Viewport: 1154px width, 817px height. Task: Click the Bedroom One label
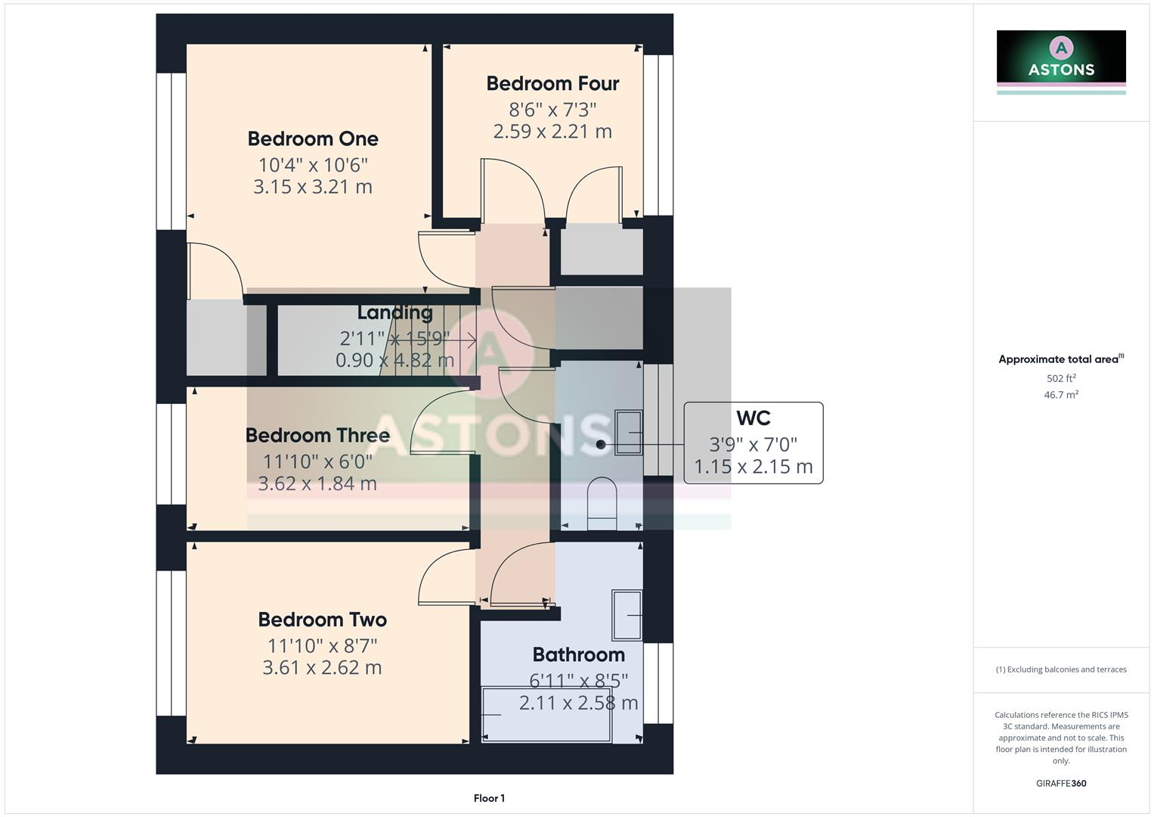(x=313, y=139)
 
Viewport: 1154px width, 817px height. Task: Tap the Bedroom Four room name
(x=552, y=84)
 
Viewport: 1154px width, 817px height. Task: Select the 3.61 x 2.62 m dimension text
(x=322, y=668)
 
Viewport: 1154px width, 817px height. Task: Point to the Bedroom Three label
(x=317, y=436)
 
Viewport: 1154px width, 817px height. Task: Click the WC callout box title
(x=753, y=418)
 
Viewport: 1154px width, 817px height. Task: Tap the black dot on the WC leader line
(x=601, y=445)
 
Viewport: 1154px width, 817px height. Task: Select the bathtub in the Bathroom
(x=546, y=715)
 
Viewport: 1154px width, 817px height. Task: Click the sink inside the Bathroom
(x=627, y=615)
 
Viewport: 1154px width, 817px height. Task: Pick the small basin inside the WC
(x=628, y=433)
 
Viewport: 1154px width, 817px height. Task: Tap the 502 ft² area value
(x=1061, y=378)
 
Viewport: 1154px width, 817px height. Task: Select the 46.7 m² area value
(x=1061, y=395)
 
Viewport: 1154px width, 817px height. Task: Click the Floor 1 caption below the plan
(x=489, y=798)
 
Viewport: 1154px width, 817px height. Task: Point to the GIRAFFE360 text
(x=1061, y=784)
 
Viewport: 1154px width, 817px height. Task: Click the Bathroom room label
(x=578, y=655)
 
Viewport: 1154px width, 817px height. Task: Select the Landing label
(x=394, y=312)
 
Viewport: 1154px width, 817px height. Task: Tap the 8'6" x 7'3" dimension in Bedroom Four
(x=552, y=110)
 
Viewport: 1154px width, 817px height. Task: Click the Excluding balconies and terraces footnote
(x=1061, y=669)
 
